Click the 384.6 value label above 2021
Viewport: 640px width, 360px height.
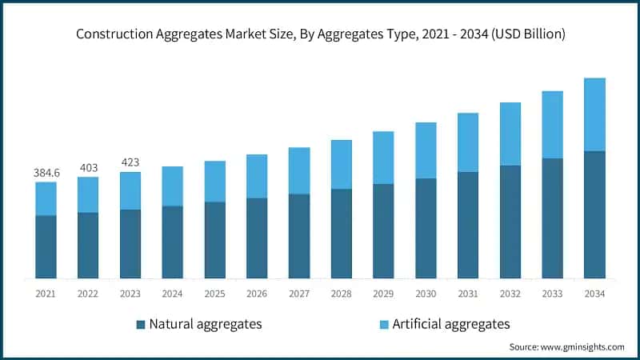46,172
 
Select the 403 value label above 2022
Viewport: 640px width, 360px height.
88,167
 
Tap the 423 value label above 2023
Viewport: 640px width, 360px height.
130,162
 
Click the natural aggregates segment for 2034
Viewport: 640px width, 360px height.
594,214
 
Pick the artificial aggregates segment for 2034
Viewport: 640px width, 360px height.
594,114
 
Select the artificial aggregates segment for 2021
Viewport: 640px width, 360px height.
46,198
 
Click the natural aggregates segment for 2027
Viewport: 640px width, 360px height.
299,236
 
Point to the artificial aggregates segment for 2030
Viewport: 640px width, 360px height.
426,150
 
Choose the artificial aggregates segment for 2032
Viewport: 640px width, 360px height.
510,134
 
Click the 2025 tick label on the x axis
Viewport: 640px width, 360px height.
214,294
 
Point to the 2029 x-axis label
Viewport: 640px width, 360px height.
383,294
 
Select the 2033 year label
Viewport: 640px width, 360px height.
552,294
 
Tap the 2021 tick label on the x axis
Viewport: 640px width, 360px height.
46,294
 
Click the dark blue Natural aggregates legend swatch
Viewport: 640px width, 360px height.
142,324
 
